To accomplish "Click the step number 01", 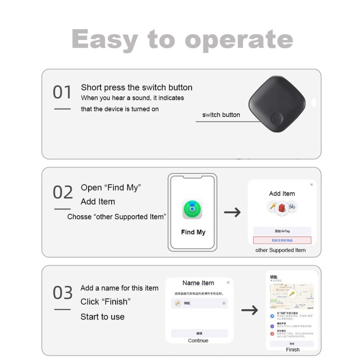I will pyautogui.click(x=62, y=93).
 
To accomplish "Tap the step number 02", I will pyautogui.click(x=63, y=193).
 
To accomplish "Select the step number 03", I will pyautogui.click(x=63, y=293).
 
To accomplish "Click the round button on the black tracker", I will pyautogui.click(x=276, y=119).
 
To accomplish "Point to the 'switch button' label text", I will pyautogui.click(x=221, y=115).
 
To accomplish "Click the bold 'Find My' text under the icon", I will pyautogui.click(x=193, y=232).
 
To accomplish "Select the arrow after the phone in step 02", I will pyautogui.click(x=232, y=212).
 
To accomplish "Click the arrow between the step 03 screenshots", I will pyautogui.click(x=249, y=310).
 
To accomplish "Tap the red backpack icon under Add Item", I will pyautogui.click(x=282, y=207).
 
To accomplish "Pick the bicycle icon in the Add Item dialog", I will pyautogui.click(x=292, y=207).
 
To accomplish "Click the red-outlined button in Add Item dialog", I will pyautogui.click(x=282, y=241).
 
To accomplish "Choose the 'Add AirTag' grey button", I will pyautogui.click(x=282, y=231).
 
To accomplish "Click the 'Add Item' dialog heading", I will pyautogui.click(x=282, y=193).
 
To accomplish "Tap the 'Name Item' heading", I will pyautogui.click(x=198, y=283).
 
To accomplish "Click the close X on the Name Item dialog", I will pyautogui.click(x=228, y=283).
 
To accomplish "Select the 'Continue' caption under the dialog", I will pyautogui.click(x=198, y=341).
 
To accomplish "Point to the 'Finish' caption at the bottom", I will pyautogui.click(x=292, y=350).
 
